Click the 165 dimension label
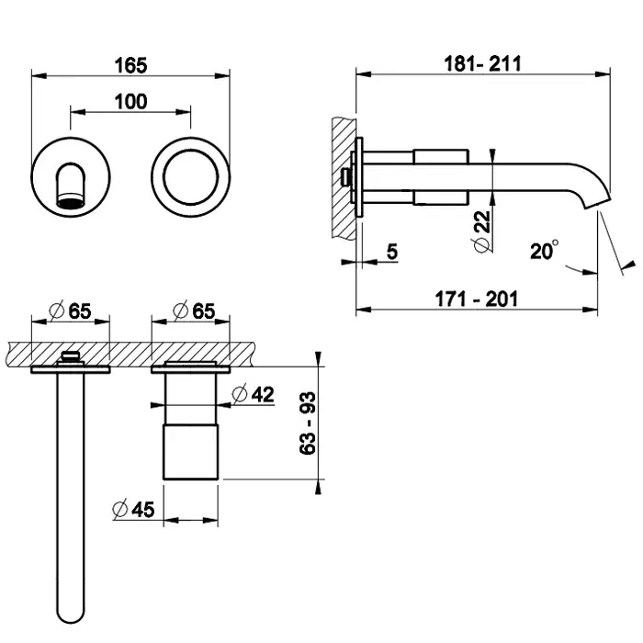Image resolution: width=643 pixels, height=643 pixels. (x=130, y=65)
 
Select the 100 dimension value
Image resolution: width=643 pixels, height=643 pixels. (x=130, y=102)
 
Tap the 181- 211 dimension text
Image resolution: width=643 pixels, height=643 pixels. (x=482, y=64)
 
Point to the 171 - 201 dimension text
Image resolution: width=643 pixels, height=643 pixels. (x=476, y=299)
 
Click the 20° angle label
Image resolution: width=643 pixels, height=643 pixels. (x=544, y=250)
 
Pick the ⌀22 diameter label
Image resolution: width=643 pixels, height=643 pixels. (x=482, y=231)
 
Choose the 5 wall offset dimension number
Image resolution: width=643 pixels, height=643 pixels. (x=392, y=252)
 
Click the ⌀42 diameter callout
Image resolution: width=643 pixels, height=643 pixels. (x=253, y=394)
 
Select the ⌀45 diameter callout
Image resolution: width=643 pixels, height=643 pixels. (x=134, y=509)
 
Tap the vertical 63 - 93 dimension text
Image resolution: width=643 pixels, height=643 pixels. (x=308, y=423)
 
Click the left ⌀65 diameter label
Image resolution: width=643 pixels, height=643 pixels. (x=70, y=310)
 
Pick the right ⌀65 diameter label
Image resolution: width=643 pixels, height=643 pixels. (x=194, y=310)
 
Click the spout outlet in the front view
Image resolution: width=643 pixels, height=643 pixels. (x=71, y=202)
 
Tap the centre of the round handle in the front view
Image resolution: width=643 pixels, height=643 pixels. (x=190, y=177)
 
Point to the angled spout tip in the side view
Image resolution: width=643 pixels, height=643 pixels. (x=598, y=199)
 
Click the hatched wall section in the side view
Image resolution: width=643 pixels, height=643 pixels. (x=344, y=178)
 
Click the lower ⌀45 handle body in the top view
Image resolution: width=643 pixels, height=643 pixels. (x=191, y=452)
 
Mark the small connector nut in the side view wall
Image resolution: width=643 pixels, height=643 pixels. (x=347, y=177)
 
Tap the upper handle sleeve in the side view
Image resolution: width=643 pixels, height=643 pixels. (x=441, y=157)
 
